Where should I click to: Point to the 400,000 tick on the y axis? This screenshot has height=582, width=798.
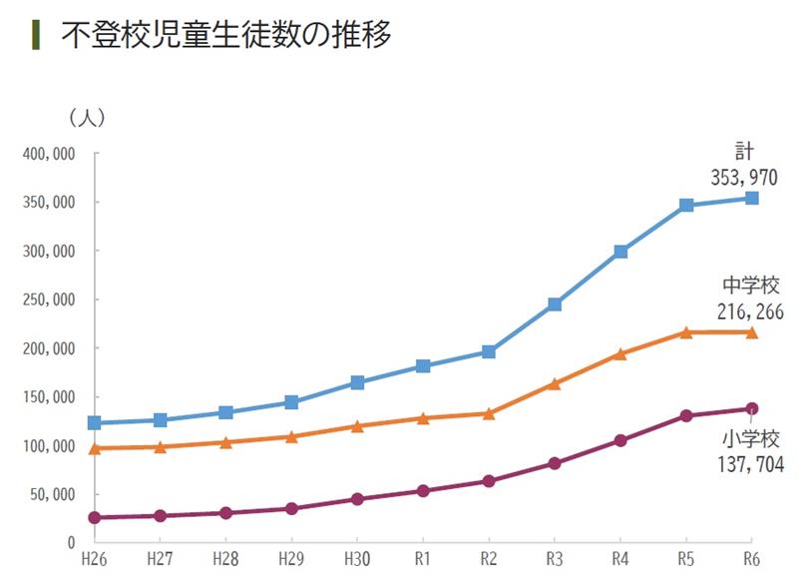51,155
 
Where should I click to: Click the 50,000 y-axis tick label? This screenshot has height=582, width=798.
54,494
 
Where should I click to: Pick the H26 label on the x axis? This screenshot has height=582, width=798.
95,562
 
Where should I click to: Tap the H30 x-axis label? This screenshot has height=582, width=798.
357,562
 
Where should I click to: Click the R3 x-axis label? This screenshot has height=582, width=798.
555,562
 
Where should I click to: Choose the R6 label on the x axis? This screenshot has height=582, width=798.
751,562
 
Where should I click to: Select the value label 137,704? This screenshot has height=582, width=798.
749,464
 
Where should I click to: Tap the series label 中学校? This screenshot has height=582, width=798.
749,288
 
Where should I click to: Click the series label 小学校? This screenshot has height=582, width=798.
749,439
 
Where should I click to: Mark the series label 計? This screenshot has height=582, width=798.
744,152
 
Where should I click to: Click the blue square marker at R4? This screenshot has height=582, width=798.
620,252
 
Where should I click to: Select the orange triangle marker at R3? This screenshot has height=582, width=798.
555,383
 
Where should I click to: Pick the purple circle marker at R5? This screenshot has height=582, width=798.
686,415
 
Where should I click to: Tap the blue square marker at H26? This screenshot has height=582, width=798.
95,423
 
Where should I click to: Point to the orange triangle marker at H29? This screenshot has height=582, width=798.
291,436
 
